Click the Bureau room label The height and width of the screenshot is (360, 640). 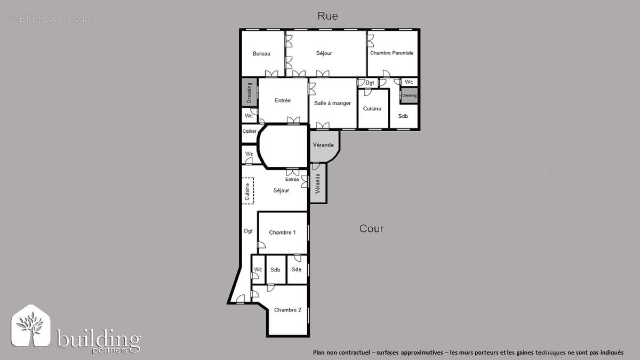[261, 53]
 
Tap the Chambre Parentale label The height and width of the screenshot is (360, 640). [391, 53]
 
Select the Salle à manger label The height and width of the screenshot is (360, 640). [332, 103]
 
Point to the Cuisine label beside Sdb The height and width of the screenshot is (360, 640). [372, 109]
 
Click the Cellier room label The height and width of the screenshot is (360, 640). [249, 131]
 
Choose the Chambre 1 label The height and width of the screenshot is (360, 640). [282, 233]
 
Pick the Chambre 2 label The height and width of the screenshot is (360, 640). [287, 310]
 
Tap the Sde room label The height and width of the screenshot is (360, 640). [297, 269]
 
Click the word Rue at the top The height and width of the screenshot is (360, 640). [327, 16]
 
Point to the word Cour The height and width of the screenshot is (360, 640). [371, 229]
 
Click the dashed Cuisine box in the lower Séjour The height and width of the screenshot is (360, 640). [247, 191]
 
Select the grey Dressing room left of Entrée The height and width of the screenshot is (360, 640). [249, 93]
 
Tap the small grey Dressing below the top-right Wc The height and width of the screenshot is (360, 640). [409, 95]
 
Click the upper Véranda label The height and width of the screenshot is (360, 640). [323, 145]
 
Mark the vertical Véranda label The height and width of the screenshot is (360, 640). [318, 183]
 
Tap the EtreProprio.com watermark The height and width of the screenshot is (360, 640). [51, 19]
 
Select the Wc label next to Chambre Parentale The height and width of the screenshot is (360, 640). [409, 82]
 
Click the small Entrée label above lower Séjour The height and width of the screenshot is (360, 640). [292, 179]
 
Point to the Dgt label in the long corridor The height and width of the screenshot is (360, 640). [248, 231]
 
